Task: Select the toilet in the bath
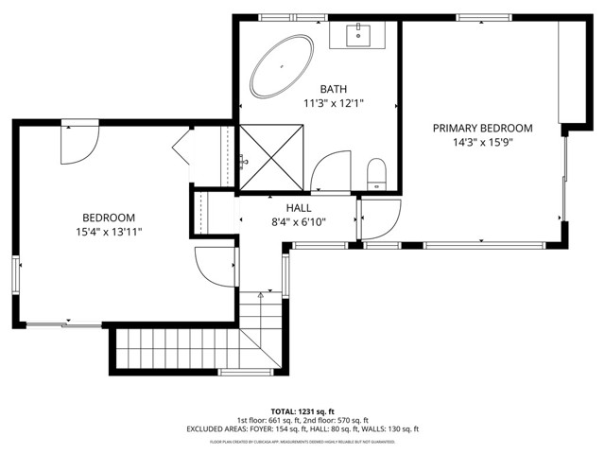[x=377, y=173]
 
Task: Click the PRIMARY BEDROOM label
[x=482, y=128]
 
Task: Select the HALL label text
[x=299, y=207]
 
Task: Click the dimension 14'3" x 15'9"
[x=482, y=143]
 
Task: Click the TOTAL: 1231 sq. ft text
[x=302, y=411]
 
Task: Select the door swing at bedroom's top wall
[x=78, y=140]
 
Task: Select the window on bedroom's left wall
[x=16, y=275]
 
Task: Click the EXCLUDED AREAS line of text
[x=302, y=429]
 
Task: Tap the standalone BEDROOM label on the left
[x=109, y=217]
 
